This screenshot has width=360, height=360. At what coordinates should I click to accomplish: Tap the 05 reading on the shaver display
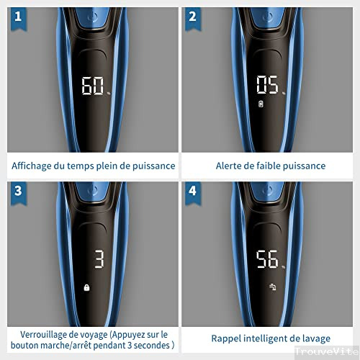point(267,87)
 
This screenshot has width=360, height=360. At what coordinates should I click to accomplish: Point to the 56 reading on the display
point(267,260)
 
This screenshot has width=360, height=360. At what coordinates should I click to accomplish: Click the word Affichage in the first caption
point(35,166)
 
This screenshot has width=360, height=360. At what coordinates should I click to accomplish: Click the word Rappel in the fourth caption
point(227,338)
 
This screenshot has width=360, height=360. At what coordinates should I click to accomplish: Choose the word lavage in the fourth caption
point(314,338)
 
